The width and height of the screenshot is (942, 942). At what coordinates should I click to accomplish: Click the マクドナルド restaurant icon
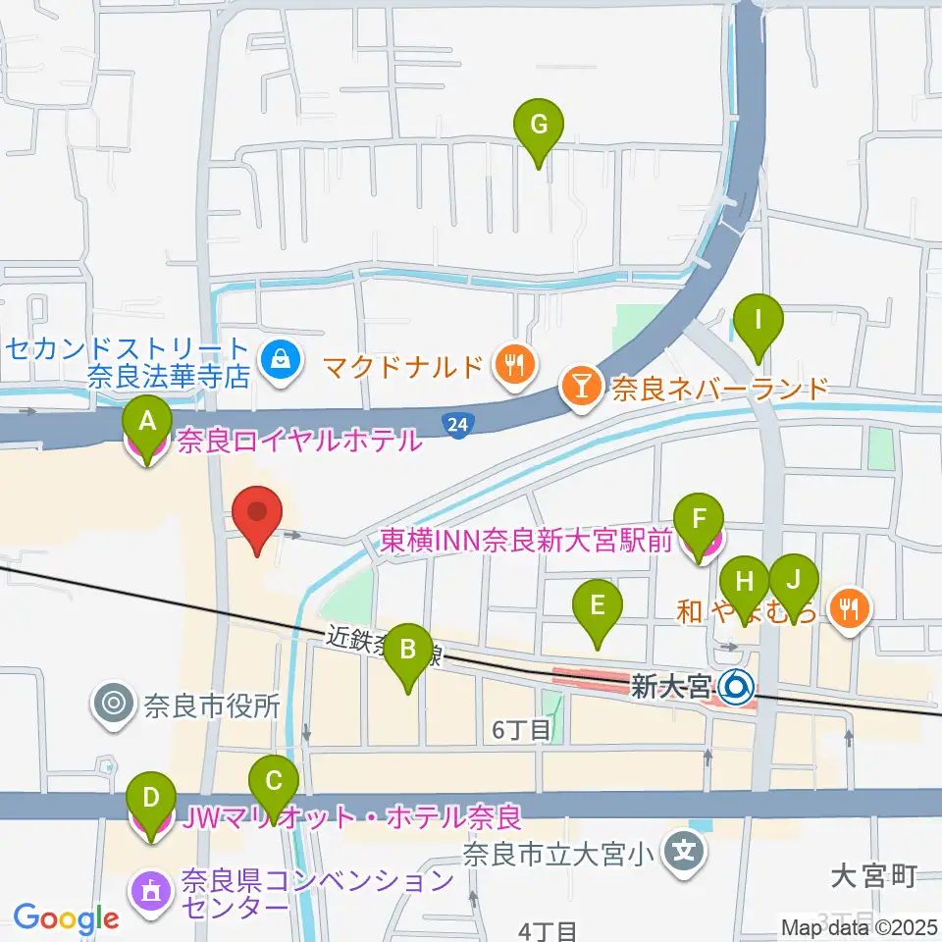(x=513, y=366)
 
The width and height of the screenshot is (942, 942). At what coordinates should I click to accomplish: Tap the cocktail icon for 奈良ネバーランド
(x=582, y=390)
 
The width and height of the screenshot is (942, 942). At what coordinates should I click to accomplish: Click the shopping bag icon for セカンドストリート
(x=278, y=362)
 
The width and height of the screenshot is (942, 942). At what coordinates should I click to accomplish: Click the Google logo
(x=66, y=919)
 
